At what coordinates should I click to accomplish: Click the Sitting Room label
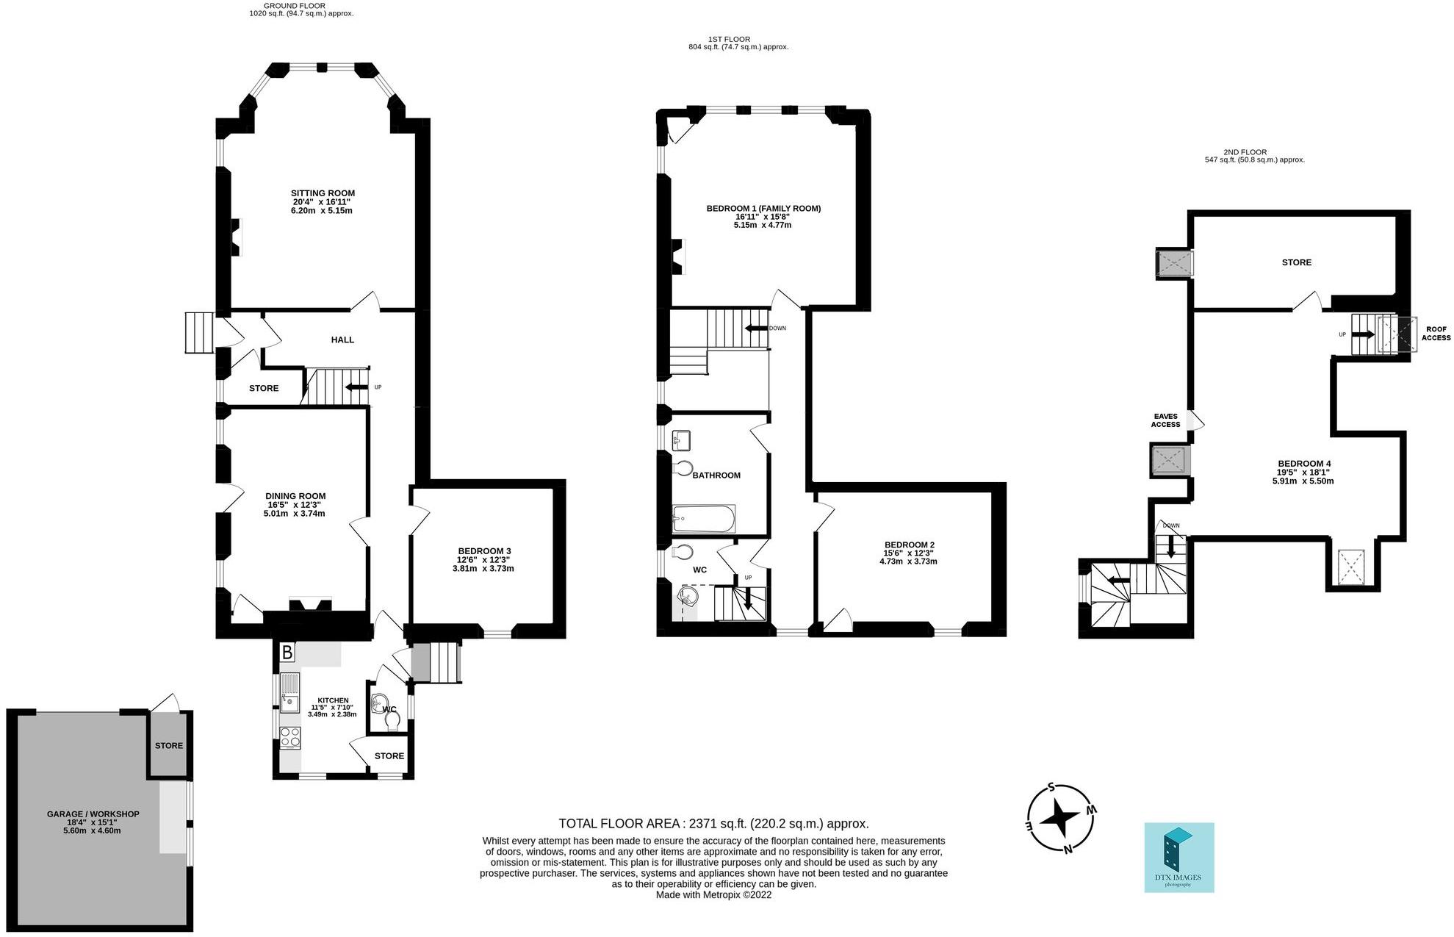pyautogui.click(x=323, y=193)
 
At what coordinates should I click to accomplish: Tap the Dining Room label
pyautogui.click(x=295, y=496)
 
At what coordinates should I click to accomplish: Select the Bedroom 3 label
pyautogui.click(x=484, y=551)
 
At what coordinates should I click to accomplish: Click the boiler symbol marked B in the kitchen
pyautogui.click(x=287, y=652)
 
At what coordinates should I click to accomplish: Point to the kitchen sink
pyautogui.click(x=289, y=692)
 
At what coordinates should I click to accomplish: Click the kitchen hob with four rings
pyautogui.click(x=289, y=737)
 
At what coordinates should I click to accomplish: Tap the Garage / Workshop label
pyautogui.click(x=93, y=814)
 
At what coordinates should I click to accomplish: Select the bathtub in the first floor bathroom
pyautogui.click(x=704, y=519)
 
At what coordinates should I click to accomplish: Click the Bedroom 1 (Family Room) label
pyautogui.click(x=763, y=209)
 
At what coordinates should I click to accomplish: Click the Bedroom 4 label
pyautogui.click(x=1304, y=464)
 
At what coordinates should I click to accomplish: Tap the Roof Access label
pyautogui.click(x=1436, y=334)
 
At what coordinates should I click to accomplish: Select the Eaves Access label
pyautogui.click(x=1166, y=420)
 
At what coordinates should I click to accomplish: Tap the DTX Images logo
pyautogui.click(x=1178, y=858)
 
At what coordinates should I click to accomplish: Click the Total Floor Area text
pyautogui.click(x=713, y=824)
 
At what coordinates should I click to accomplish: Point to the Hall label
pyautogui.click(x=342, y=340)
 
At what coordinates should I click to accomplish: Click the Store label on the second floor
pyautogui.click(x=1296, y=262)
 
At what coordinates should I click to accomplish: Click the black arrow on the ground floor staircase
pyautogui.click(x=356, y=387)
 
